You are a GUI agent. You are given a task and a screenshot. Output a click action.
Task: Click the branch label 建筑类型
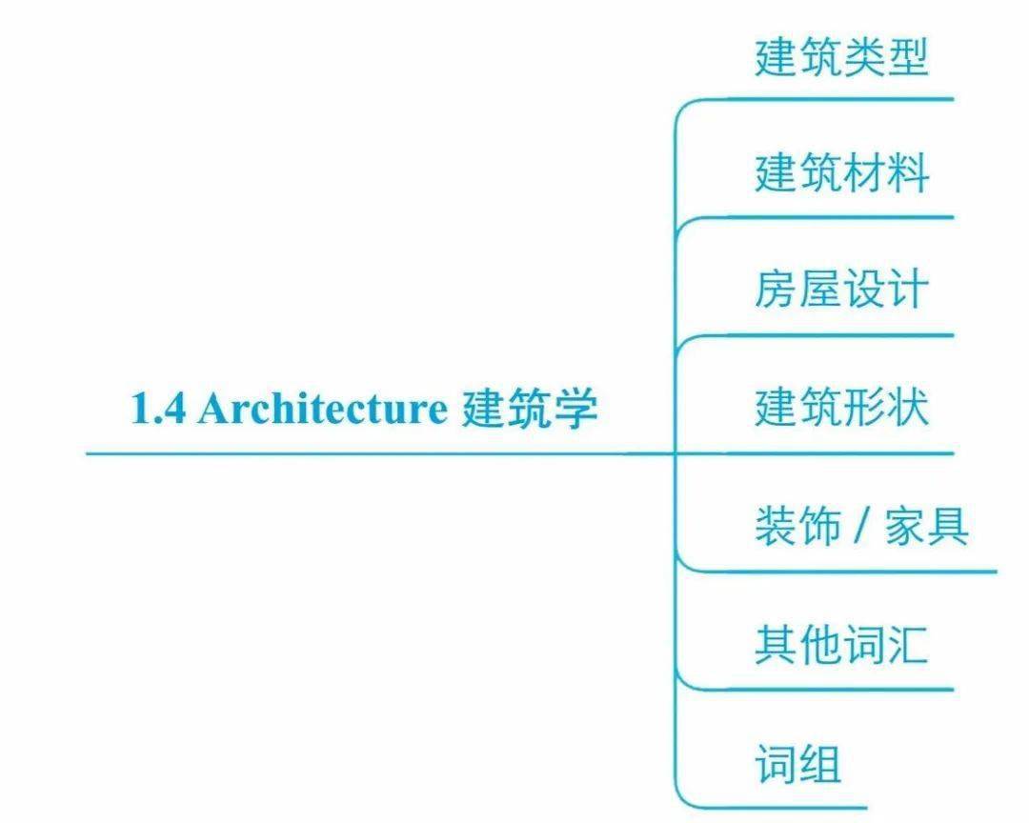point(842,57)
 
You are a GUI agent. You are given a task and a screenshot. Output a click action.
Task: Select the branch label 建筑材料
point(842,173)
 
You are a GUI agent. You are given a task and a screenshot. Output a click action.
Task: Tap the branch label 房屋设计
point(842,289)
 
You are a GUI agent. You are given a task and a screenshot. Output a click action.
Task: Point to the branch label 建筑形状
point(842,408)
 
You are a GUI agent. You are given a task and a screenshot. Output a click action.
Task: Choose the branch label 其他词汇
point(842,645)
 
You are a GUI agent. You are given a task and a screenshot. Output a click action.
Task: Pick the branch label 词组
point(798,763)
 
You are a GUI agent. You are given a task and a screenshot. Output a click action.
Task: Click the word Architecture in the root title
point(322,409)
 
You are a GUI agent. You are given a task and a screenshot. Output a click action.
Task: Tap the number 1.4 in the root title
point(158,409)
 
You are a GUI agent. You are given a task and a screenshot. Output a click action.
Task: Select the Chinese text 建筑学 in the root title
point(530,409)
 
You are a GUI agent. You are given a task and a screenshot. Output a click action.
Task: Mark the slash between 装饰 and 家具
point(862,526)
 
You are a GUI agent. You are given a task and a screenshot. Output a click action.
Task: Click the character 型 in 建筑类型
point(908,57)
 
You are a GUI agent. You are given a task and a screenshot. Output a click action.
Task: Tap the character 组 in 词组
point(820,763)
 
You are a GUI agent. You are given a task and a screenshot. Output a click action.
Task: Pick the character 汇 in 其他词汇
point(908,645)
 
